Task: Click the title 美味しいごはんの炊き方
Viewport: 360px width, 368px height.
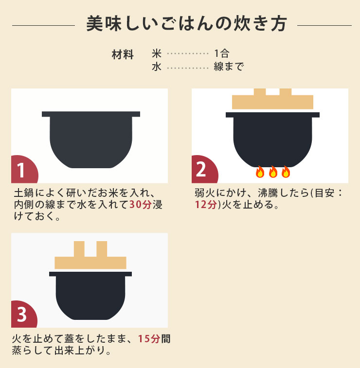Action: (186, 24)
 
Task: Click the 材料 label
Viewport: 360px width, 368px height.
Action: (123, 54)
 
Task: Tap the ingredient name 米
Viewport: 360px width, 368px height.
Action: (156, 53)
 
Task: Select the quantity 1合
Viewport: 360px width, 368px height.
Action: (221, 53)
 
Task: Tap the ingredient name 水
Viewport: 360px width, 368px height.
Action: (156, 67)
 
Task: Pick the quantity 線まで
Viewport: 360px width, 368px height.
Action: (228, 67)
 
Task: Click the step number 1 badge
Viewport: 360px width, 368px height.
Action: (22, 170)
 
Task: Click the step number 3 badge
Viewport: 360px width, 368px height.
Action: (22, 315)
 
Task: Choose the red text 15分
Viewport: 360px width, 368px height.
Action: (149, 339)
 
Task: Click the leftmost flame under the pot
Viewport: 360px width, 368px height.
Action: (260, 172)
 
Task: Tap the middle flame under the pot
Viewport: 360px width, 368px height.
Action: (273, 172)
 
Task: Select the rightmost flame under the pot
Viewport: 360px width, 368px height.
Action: (286, 172)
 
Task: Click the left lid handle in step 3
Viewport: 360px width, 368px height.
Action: (79, 249)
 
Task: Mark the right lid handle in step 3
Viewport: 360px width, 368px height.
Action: (102, 249)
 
